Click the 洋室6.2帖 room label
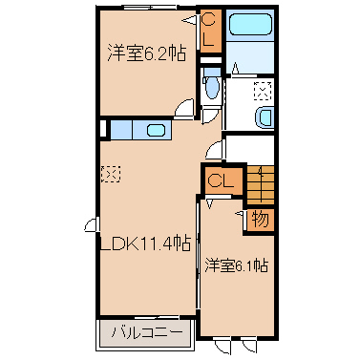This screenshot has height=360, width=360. [x=146, y=53]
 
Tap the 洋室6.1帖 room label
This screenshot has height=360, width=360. [x=236, y=265]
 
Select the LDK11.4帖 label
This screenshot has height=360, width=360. [x=145, y=244]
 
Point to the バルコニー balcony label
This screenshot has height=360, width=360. [x=147, y=332]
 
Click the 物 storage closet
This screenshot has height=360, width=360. [x=261, y=220]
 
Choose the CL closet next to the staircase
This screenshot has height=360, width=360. [x=221, y=181]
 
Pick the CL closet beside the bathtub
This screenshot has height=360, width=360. [x=210, y=31]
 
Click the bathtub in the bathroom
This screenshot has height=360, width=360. [x=250, y=24]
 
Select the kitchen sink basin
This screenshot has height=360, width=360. [x=156, y=130]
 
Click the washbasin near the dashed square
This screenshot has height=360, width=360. [x=265, y=117]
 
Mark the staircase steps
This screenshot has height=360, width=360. [x=261, y=185]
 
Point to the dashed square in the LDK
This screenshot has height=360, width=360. [x=111, y=174]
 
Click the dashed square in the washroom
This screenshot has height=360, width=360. [x=263, y=91]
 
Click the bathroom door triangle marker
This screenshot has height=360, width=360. [x=236, y=68]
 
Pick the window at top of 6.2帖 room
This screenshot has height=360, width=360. [x=150, y=7]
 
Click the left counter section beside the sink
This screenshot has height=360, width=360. [x=121, y=130]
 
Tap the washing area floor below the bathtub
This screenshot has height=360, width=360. [x=250, y=56]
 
